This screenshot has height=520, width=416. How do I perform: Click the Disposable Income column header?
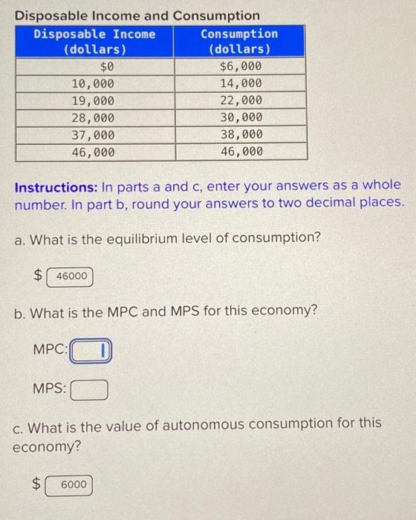point(95,42)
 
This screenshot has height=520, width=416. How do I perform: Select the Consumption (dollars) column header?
point(239,42)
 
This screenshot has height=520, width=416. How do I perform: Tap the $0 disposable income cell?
point(95,67)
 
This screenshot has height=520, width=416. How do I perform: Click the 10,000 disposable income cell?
point(95,84)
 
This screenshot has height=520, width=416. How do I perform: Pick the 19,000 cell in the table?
point(95,101)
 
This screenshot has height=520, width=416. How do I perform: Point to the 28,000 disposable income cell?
point(95,118)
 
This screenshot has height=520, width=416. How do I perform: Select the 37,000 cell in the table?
point(95,134)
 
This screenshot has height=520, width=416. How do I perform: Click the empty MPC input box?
point(90,350)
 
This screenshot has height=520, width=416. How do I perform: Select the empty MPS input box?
point(90,389)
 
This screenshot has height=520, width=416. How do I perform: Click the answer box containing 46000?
point(71,276)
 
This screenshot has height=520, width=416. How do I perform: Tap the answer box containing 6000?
point(71,485)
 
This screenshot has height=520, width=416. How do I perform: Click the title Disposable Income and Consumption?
point(138,16)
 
